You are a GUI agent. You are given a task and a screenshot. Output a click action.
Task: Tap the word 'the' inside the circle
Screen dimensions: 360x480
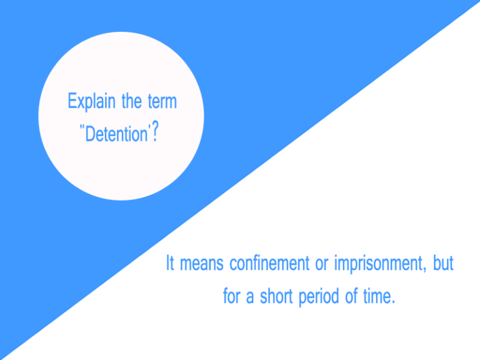132,101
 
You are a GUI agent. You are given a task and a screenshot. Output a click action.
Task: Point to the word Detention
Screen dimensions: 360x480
116,134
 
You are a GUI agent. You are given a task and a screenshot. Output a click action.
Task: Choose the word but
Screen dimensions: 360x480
444,264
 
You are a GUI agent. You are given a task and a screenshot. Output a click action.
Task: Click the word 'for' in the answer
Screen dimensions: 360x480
232,296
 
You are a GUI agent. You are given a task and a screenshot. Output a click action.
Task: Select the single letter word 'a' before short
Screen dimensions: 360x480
249,297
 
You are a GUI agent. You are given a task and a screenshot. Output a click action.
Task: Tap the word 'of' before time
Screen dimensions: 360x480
351,296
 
